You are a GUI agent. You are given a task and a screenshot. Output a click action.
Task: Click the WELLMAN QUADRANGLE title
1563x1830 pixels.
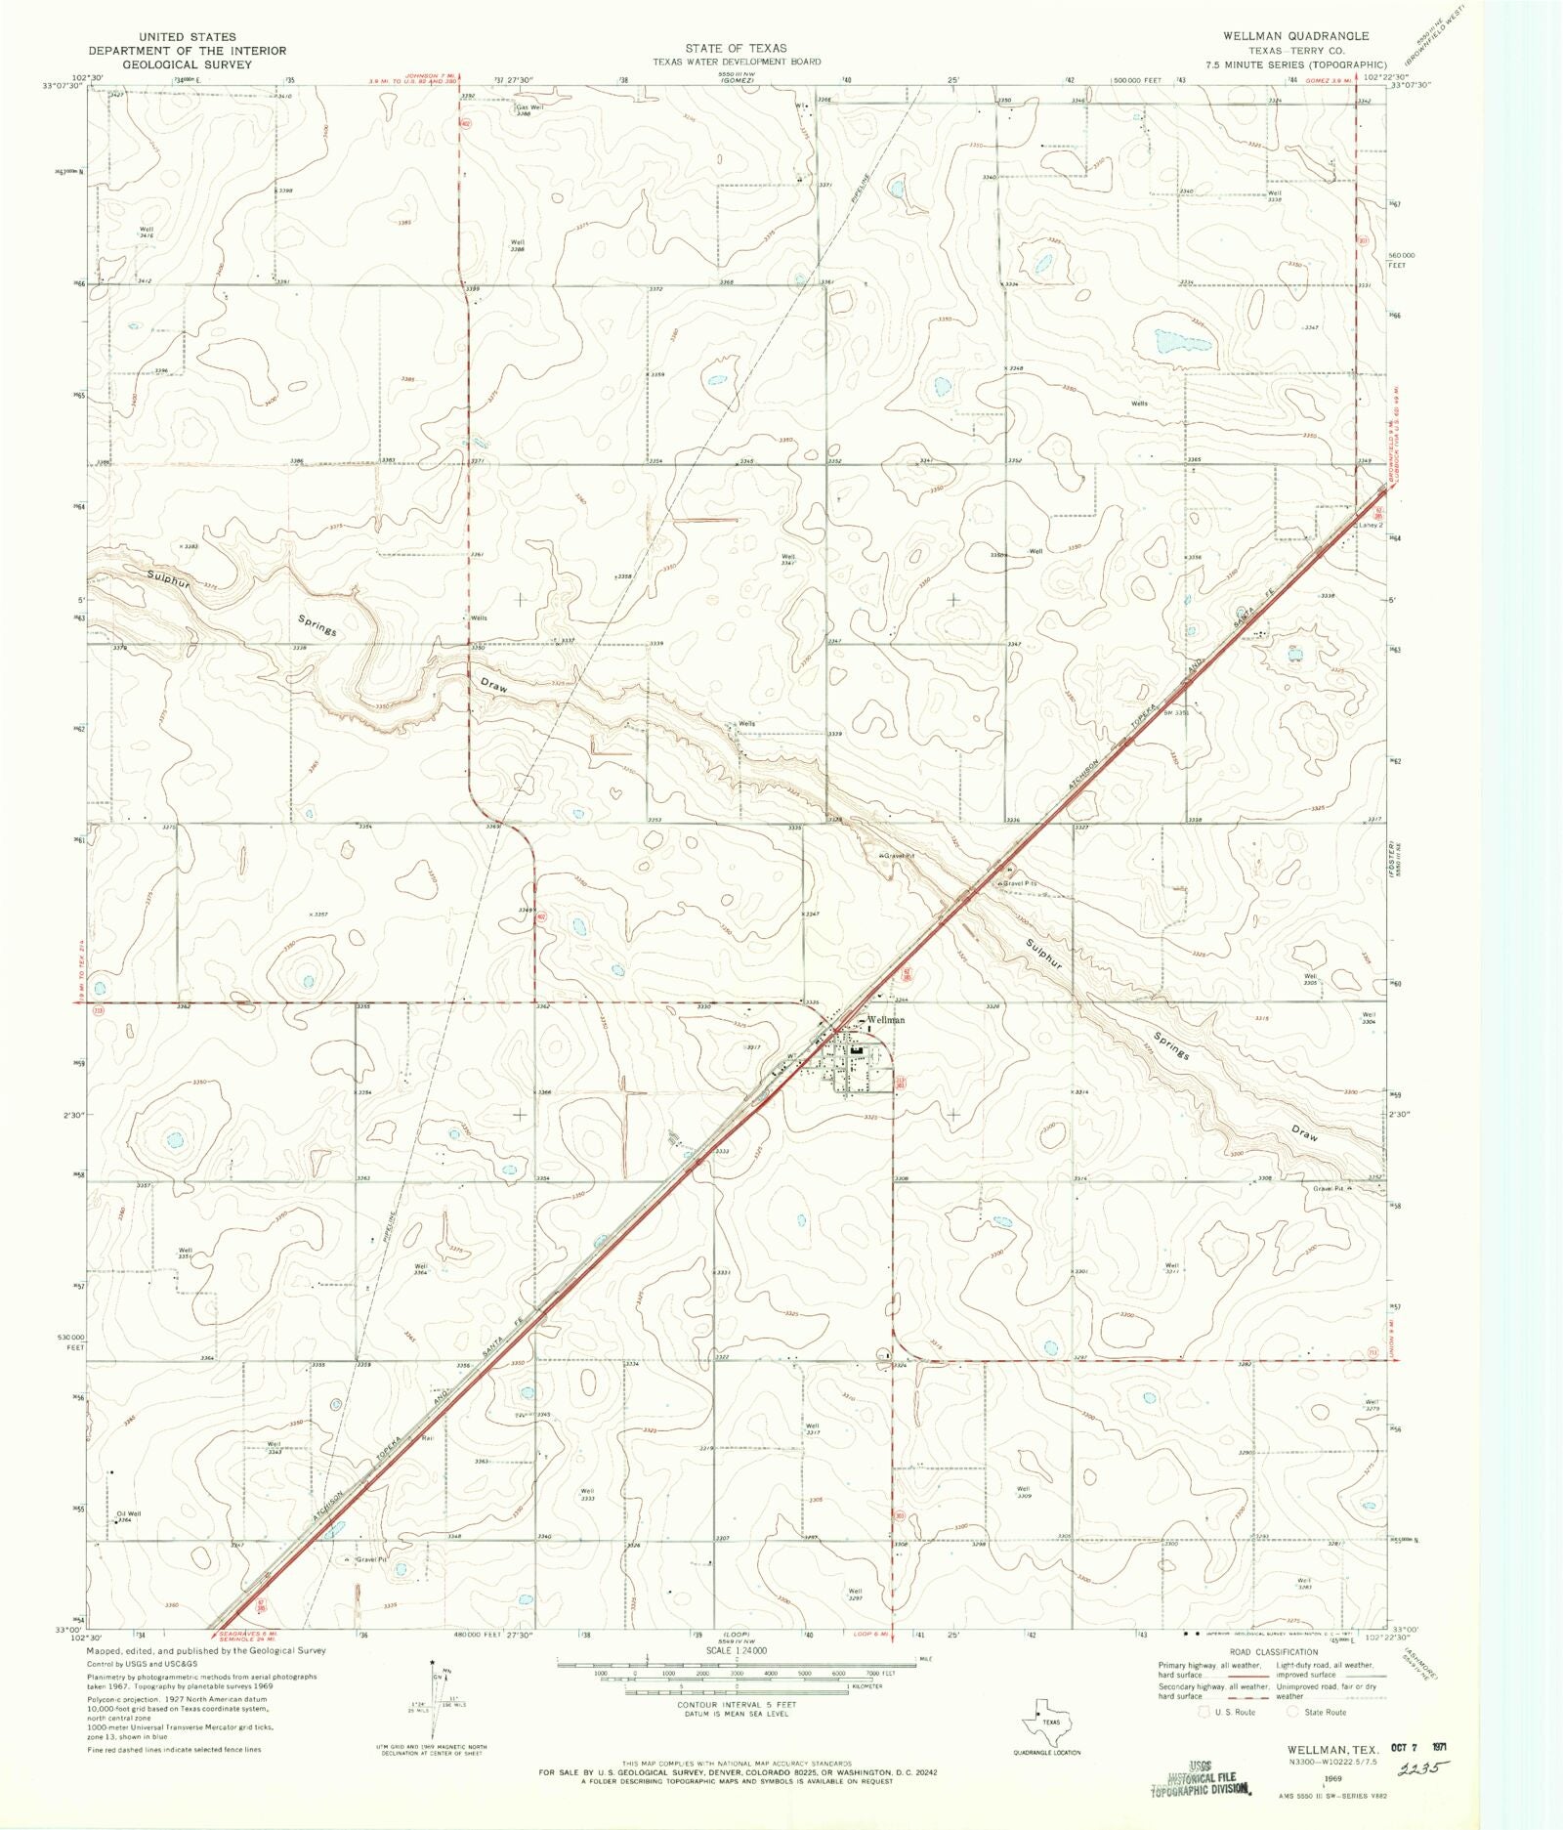click(1295, 35)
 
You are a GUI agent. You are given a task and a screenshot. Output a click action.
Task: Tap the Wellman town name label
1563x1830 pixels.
click(886, 1020)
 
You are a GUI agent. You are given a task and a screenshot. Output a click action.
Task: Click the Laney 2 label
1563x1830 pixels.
click(1371, 525)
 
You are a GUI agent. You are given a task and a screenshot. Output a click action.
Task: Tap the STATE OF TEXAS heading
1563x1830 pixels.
click(736, 48)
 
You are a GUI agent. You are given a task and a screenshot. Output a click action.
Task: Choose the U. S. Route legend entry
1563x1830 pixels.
click(1230, 1712)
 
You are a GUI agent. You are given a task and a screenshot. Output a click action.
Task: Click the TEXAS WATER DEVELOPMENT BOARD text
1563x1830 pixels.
click(737, 62)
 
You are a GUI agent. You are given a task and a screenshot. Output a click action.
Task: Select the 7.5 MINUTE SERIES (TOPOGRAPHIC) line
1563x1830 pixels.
click(1295, 64)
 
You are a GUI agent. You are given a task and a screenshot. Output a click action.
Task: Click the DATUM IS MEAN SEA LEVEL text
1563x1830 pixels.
click(737, 1715)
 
